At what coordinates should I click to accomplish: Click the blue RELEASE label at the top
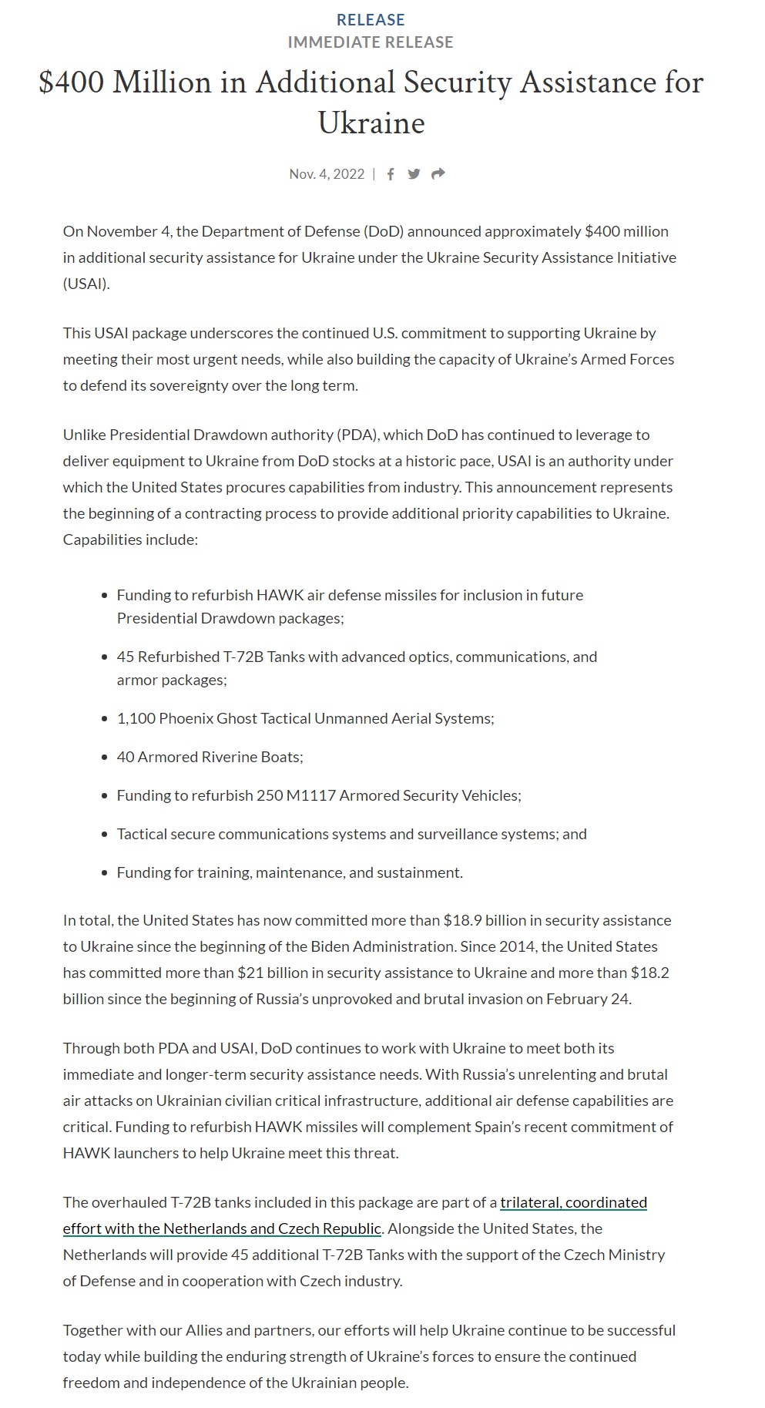point(371,20)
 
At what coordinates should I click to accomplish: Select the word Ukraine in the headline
point(371,123)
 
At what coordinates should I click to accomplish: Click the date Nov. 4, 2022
point(327,174)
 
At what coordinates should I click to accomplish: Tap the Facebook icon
point(391,174)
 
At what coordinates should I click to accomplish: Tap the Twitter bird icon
point(414,174)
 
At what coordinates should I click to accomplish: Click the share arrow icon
point(438,174)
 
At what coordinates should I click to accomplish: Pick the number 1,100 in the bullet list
point(136,718)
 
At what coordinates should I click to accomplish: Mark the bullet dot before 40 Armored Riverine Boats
point(105,758)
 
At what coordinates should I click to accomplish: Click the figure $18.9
point(464,920)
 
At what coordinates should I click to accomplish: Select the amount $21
point(251,973)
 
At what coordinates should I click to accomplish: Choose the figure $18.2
point(649,973)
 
